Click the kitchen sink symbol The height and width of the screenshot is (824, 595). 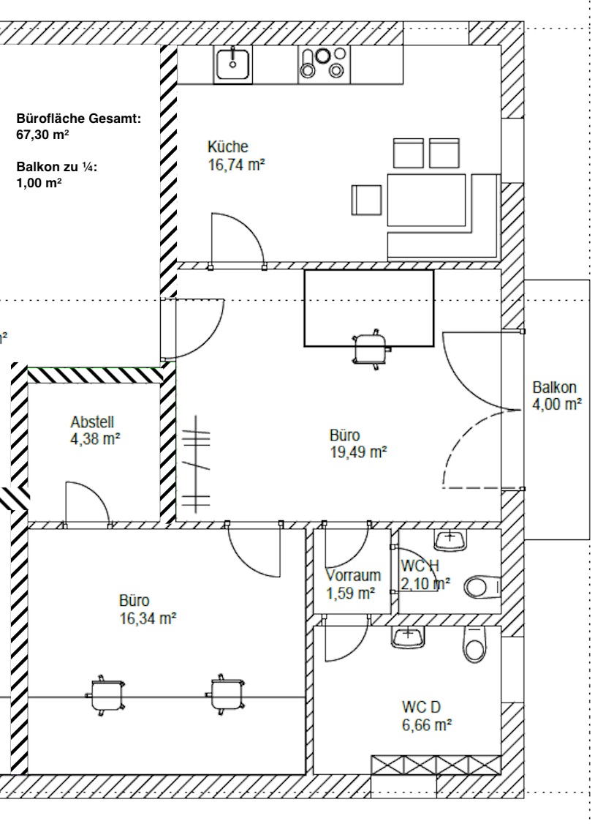[x=233, y=63]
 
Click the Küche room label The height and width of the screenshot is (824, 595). [x=227, y=147]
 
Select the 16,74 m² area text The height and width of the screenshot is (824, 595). [x=236, y=165]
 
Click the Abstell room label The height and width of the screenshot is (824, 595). [x=92, y=422]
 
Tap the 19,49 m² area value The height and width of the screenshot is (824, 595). [x=357, y=452]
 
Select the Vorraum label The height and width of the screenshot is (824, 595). [x=350, y=575]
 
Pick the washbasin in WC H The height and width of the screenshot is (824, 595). [x=450, y=540]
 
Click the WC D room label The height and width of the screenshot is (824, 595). [x=421, y=708]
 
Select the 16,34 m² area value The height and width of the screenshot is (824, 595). [x=148, y=618]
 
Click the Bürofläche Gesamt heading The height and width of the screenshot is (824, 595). [x=77, y=119]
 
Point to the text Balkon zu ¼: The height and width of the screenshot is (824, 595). [x=56, y=168]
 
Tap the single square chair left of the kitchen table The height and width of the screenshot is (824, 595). [x=367, y=200]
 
